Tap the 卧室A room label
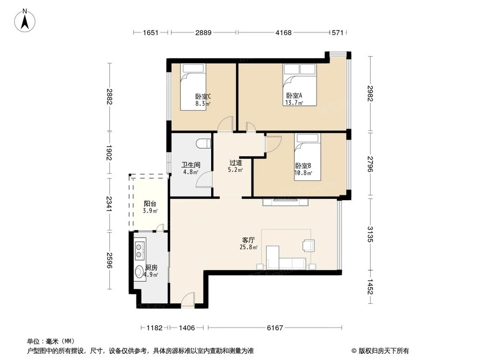click(x=294, y=98)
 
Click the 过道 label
click(x=235, y=166)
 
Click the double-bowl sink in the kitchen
click(x=140, y=249)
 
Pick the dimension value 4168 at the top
click(x=284, y=33)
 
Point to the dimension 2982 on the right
click(x=370, y=93)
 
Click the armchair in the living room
click(x=308, y=245)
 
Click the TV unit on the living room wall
click(x=285, y=202)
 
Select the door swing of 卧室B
click(x=273, y=144)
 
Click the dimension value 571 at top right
click(x=338, y=33)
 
